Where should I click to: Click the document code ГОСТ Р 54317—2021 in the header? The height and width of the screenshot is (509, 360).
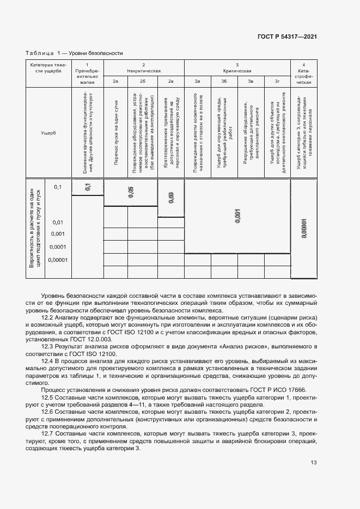[x=286, y=37]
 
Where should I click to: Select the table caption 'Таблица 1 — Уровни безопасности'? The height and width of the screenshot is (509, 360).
[x=75, y=53]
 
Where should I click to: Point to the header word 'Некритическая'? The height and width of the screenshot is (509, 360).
[x=144, y=71]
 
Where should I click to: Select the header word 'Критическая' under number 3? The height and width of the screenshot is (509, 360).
[x=237, y=71]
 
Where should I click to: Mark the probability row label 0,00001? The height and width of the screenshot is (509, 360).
[x=57, y=260]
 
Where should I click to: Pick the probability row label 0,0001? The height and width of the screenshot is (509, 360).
[x=57, y=247]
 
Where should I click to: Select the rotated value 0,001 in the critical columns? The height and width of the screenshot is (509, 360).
[x=237, y=216]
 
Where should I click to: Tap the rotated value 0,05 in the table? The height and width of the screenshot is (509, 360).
[x=130, y=191]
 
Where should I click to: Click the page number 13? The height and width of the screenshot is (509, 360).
[x=313, y=463]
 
